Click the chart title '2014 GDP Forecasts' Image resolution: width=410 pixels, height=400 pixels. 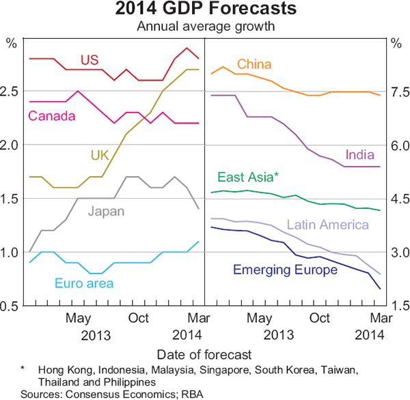[x=205, y=10]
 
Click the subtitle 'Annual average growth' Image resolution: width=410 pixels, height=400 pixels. [x=204, y=27]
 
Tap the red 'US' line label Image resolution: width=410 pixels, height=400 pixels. [x=90, y=59]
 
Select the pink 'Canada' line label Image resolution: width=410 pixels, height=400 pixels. [x=51, y=116]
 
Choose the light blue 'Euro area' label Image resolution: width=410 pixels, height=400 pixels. [x=85, y=283]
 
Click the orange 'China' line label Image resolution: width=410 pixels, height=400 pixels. [x=254, y=64]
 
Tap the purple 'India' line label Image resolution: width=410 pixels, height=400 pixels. [x=360, y=154]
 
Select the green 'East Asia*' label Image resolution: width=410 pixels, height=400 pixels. [x=248, y=177]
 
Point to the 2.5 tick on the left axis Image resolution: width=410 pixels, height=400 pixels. [x=12, y=91]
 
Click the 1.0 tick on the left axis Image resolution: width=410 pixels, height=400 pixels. [x=12, y=253]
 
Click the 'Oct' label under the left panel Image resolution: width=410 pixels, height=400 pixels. [x=139, y=318]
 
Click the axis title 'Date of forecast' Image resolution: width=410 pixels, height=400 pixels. [x=204, y=354]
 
